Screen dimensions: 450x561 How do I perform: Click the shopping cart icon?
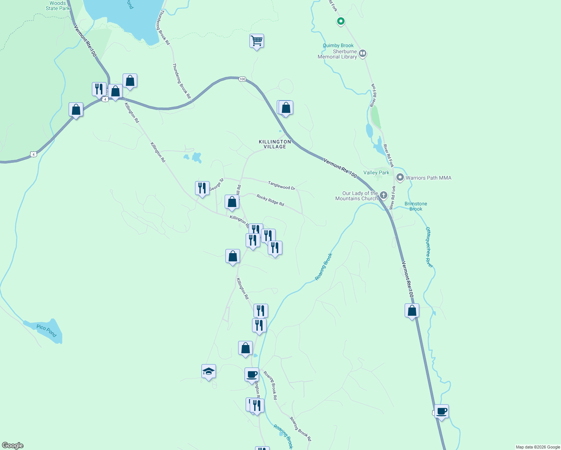(256, 41)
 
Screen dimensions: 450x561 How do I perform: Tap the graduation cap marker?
(208, 372)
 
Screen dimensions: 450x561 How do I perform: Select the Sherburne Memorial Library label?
(337, 54)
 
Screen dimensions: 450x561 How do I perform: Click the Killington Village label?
(275, 144)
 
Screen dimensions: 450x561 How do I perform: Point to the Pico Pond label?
(46, 330)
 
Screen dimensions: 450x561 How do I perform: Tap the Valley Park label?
(376, 172)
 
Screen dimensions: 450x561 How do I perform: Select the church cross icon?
(383, 195)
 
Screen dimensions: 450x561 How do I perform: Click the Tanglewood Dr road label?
(281, 185)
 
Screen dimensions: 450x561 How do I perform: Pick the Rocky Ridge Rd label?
(270, 200)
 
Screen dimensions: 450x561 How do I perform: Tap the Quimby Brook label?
(338, 45)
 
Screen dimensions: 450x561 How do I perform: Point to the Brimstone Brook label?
(415, 206)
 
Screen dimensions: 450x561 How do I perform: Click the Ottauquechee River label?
(429, 247)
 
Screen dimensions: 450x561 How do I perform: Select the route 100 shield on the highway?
(242, 79)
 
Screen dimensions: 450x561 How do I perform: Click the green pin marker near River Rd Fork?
(340, 21)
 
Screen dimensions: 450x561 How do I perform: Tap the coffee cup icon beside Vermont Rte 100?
(441, 411)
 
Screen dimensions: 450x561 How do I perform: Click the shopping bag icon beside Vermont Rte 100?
(412, 311)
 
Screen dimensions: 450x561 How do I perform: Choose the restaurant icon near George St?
(202, 188)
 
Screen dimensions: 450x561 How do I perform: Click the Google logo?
(13, 445)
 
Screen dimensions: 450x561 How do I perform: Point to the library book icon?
(362, 54)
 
